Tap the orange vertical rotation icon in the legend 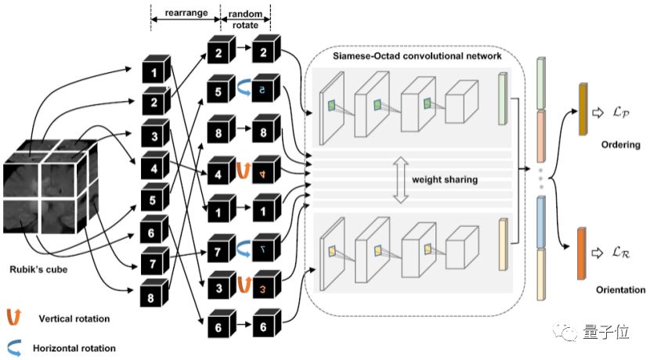pos(13,317)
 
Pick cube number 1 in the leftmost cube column pos(155,73)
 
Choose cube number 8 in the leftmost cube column pos(155,297)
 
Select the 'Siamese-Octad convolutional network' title pos(412,56)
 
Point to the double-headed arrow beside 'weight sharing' pos(399,181)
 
